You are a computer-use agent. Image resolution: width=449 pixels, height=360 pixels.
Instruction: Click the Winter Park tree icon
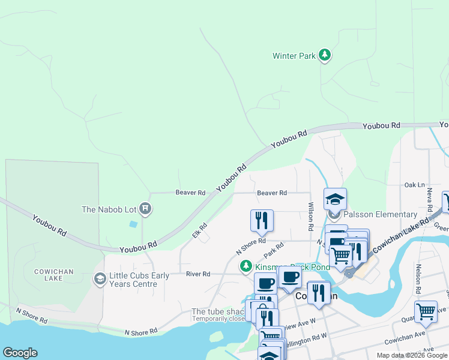pyautogui.click(x=325, y=56)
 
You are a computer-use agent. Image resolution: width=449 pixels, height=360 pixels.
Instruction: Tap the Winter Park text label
pyautogui.click(x=294, y=56)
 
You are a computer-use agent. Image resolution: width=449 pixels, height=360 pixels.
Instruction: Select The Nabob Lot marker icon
pyautogui.click(x=145, y=209)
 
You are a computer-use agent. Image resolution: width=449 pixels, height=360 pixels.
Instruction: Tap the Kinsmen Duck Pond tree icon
pyautogui.click(x=246, y=266)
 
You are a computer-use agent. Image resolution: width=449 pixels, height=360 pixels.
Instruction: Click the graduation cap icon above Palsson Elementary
pyautogui.click(x=335, y=199)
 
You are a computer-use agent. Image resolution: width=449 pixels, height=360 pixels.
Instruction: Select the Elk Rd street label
pyautogui.click(x=199, y=230)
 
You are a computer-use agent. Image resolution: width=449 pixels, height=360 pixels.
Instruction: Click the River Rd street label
pyautogui.click(x=198, y=274)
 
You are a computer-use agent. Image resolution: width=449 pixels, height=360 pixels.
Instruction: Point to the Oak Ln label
pyautogui.click(x=414, y=185)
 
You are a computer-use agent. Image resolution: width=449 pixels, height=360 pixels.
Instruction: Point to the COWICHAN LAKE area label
pyautogui.click(x=53, y=276)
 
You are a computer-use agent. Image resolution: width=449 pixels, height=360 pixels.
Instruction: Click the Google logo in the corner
pyautogui.click(x=20, y=353)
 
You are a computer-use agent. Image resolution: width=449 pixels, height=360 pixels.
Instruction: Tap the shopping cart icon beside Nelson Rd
pyautogui.click(x=426, y=311)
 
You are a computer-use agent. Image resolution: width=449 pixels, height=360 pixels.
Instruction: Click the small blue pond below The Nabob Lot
pyautogui.click(x=133, y=224)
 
